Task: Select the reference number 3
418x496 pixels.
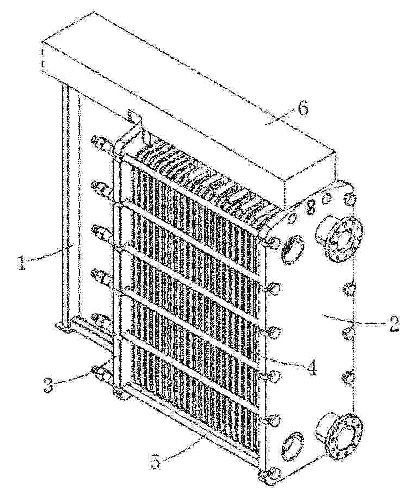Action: (x=48, y=384)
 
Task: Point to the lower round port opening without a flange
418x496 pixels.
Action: (x=292, y=446)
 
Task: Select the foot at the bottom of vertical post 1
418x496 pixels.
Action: (x=65, y=327)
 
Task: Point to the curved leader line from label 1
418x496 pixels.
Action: (x=50, y=253)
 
